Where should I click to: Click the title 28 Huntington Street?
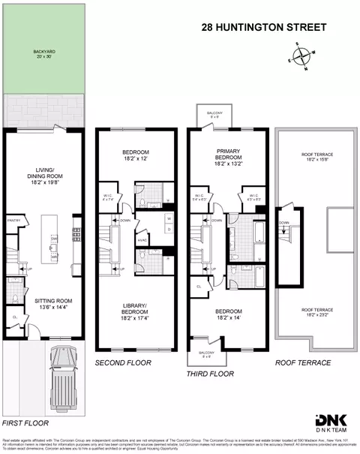263,28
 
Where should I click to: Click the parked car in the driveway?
61,380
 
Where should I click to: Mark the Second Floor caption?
123,362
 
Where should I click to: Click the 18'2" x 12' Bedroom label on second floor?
137,155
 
